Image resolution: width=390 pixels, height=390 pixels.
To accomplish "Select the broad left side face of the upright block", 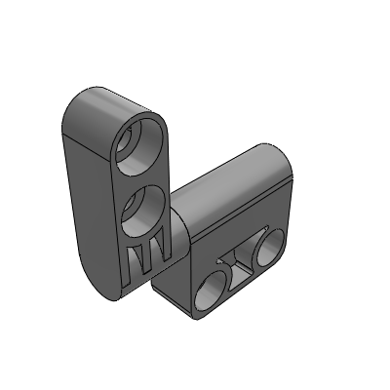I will pos(88,195).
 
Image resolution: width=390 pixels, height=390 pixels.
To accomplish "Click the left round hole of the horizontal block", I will pos(212,287).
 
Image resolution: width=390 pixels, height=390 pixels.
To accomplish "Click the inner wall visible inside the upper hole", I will pos(132,141).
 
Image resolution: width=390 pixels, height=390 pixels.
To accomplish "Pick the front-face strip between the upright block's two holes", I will pos(143,175).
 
